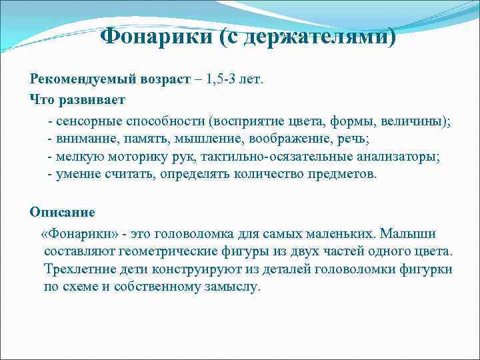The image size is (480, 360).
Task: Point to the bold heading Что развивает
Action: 77,100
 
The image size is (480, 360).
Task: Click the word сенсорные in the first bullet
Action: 87,122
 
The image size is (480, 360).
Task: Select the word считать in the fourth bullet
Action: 131,174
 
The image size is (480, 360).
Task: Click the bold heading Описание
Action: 62,213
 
